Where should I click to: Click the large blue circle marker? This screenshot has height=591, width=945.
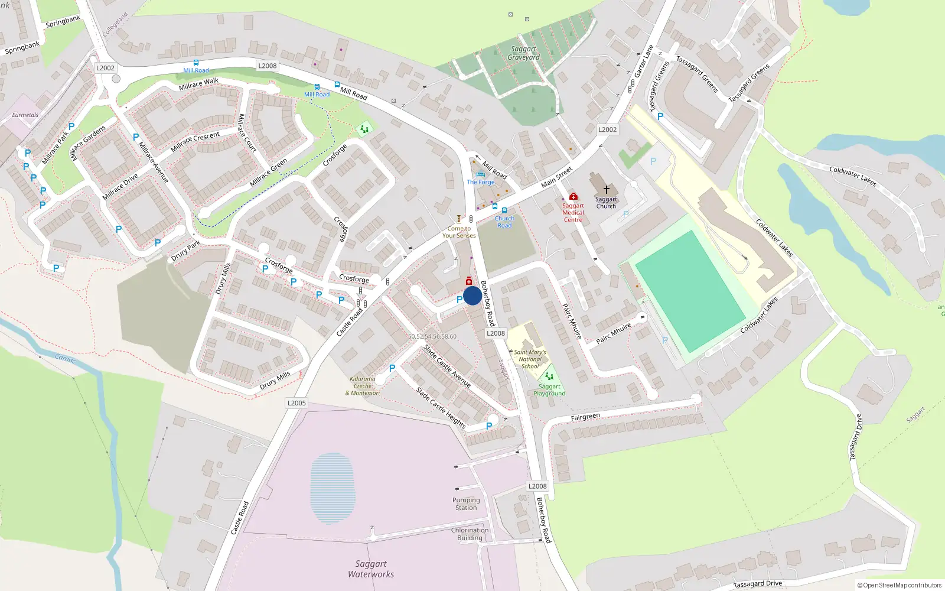point(472,295)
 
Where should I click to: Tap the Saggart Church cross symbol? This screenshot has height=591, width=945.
point(606,190)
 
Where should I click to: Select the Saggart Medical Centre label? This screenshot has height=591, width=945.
point(573,213)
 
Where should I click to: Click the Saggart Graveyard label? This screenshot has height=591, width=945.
point(523,53)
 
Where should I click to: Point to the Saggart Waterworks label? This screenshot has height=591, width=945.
point(371,569)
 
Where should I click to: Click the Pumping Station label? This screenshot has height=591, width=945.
point(466,504)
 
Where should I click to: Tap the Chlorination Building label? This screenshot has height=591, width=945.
point(470,534)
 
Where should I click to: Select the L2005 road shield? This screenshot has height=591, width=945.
point(296,403)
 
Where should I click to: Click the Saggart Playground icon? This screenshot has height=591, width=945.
point(549,376)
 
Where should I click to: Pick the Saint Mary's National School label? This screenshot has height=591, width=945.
point(530,359)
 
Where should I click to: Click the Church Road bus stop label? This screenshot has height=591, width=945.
point(504,222)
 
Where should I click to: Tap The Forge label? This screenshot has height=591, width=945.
point(480,182)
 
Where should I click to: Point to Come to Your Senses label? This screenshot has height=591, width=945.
point(459,232)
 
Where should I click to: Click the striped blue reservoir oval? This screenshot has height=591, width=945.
point(333,488)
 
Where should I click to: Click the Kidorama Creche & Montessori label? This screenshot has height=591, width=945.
point(363,386)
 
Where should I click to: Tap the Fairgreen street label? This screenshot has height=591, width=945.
point(585,417)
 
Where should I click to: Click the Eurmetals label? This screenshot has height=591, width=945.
point(25,115)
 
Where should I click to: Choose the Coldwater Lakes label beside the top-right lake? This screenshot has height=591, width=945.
point(852,176)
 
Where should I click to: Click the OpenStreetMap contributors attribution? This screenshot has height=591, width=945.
point(900,585)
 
